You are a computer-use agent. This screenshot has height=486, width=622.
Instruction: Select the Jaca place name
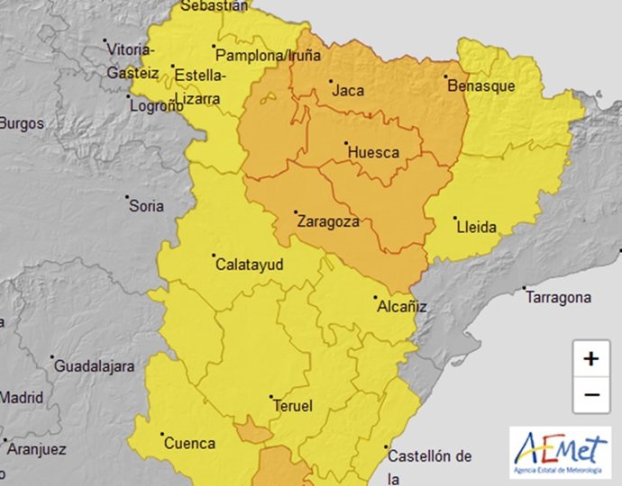point(348,91)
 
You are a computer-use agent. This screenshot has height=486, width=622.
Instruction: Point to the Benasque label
point(481,86)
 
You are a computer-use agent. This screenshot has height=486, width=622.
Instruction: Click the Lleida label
point(478,228)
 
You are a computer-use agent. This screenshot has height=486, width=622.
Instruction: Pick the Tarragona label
point(560,298)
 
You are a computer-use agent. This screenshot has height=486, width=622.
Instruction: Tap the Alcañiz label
point(401,308)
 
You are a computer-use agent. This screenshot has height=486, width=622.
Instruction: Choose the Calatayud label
point(249,265)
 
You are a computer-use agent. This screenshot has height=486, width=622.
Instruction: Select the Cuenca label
point(188,443)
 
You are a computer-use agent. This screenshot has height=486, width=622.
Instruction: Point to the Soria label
point(147,206)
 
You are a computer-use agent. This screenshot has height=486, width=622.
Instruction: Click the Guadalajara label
point(95,366)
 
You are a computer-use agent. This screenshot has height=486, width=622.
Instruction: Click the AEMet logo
point(559,452)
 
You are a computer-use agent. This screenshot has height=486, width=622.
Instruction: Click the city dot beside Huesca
point(347,143)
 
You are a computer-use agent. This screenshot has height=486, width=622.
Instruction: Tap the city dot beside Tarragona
point(525,289)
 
